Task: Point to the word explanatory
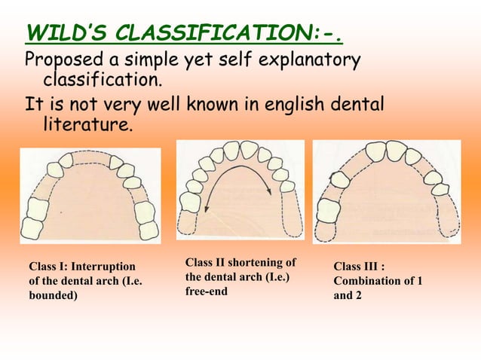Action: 302,59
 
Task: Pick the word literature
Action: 84,124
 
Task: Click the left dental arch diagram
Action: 90,195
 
